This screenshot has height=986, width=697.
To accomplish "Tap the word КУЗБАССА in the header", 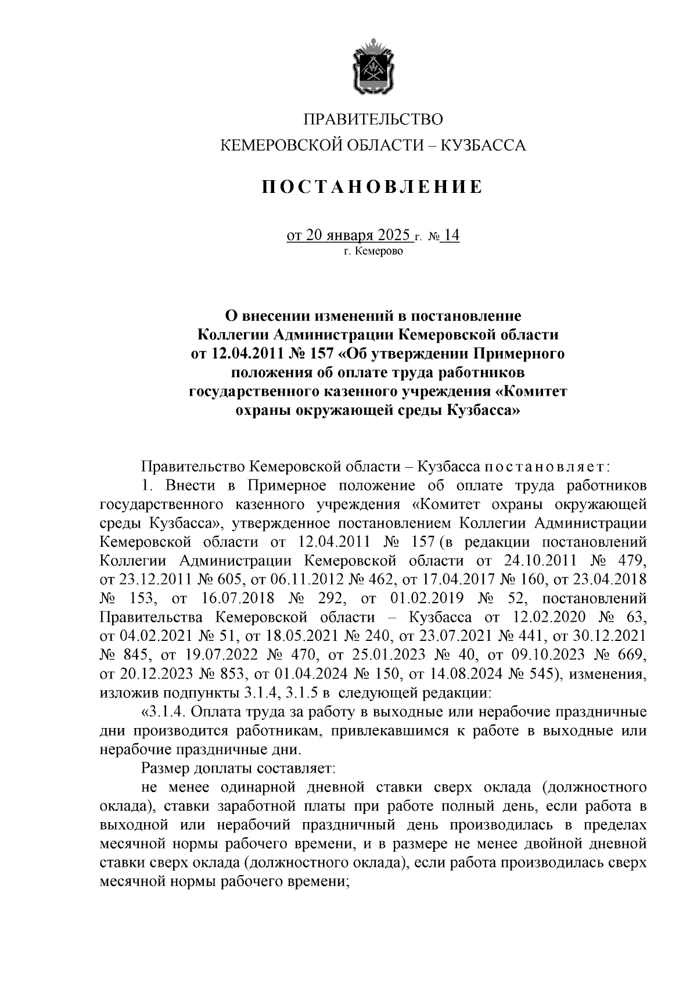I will pyautogui.click(x=484, y=145).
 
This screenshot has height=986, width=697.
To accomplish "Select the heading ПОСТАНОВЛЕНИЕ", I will pyautogui.click(x=372, y=187).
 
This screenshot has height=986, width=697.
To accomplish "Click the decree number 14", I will pyautogui.click(x=450, y=235).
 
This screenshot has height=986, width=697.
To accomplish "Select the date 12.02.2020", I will pyautogui.click(x=545, y=618).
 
